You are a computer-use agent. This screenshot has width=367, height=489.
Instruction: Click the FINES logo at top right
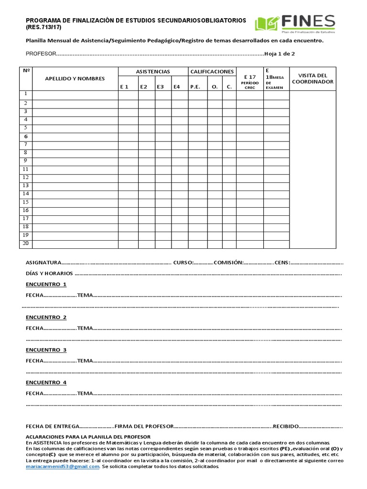pyautogui.click(x=295, y=24)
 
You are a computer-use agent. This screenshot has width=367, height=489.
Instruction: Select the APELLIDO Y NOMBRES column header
pyautogui.click(x=75, y=79)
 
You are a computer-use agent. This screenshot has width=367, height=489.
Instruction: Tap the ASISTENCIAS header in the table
pyautogui.click(x=153, y=72)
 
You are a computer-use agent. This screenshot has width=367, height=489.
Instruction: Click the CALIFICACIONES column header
pyautogui.click(x=212, y=72)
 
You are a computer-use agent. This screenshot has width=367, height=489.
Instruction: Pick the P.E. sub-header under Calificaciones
pyautogui.click(x=195, y=86)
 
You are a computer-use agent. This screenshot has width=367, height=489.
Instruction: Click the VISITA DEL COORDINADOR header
pyautogui.click(x=313, y=78)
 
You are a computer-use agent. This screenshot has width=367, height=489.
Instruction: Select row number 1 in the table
pyautogui.click(x=26, y=94)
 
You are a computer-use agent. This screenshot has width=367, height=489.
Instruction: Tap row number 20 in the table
pyautogui.click(x=26, y=244)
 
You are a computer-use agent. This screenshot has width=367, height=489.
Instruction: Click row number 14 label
pyautogui.click(x=26, y=194)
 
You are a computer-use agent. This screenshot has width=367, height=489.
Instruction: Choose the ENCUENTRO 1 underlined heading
pyautogui.click(x=46, y=285)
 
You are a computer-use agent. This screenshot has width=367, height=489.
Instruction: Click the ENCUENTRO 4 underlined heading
pyautogui.click(x=46, y=383)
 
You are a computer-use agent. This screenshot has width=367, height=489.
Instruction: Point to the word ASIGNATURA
pyautogui.click(x=43, y=263)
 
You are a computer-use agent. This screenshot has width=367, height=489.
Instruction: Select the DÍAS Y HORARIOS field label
pyautogui.click(x=49, y=274)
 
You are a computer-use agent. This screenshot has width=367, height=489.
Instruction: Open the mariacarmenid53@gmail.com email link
pyautogui.click(x=62, y=467)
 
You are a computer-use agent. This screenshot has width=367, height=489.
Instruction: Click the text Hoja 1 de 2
pyautogui.click(x=280, y=54)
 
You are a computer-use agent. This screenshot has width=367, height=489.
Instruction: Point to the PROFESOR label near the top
pyautogui.click(x=41, y=54)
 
